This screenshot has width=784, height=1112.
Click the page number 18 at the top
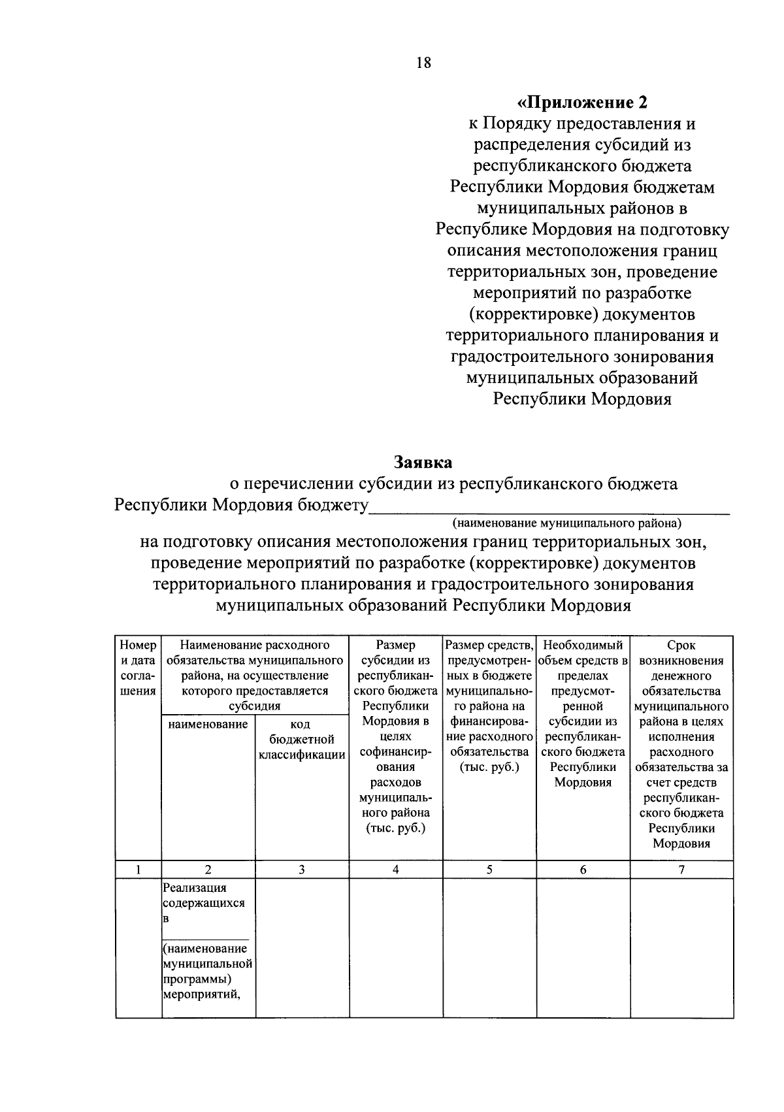coord(423,63)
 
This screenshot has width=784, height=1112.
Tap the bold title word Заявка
coord(423,462)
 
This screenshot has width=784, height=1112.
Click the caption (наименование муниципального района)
coord(566,523)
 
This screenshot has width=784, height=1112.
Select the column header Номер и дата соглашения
coord(138,668)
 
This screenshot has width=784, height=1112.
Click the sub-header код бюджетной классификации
coord(301,740)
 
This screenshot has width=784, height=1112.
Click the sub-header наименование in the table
coord(208,724)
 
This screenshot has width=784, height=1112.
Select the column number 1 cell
coord(138,869)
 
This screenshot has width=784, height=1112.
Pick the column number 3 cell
coord(301,869)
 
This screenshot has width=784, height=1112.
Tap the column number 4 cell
coord(395,869)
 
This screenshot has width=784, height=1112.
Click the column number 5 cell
coord(489,869)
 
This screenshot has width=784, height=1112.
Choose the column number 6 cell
coord(583,869)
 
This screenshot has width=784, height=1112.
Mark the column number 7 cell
coord(681,869)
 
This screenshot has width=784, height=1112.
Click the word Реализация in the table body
coord(195,888)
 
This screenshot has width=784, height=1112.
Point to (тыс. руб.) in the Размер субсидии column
coord(395,828)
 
